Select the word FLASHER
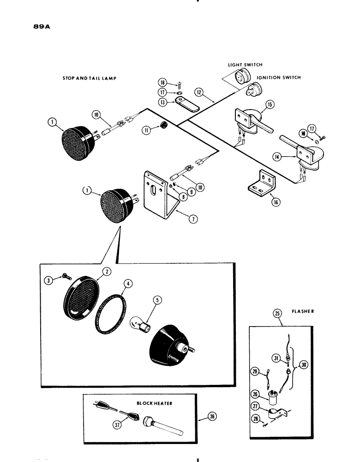(x=304, y=312)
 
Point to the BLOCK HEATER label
(x=148, y=403)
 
